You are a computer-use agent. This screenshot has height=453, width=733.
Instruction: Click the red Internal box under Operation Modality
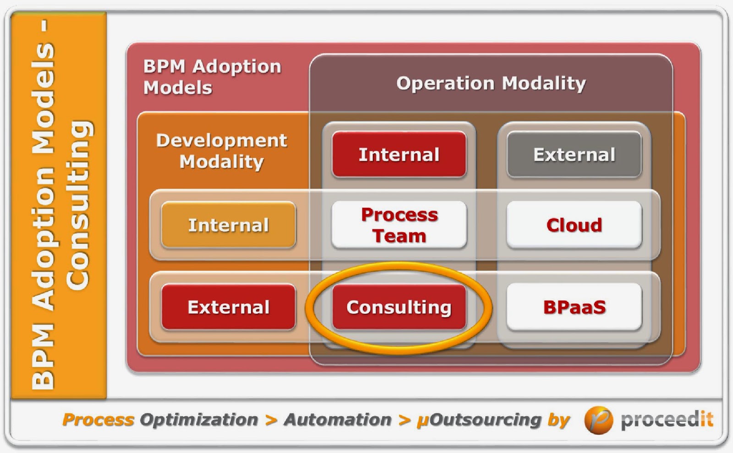pos(399,155)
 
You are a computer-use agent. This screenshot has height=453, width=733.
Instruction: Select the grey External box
pos(574,155)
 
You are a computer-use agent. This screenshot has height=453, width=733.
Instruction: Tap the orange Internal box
pos(228,225)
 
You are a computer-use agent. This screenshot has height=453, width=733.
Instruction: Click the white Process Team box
pos(399,225)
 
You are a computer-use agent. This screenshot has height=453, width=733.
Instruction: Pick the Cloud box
pos(574,225)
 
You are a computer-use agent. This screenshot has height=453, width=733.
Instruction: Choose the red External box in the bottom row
pos(228,307)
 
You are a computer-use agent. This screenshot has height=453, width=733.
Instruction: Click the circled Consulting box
pos(399,307)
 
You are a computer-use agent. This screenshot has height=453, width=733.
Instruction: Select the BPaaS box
pos(574,307)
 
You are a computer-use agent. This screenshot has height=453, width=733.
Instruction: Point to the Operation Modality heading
pos(491,83)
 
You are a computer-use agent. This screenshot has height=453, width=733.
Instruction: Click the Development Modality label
pos(222,151)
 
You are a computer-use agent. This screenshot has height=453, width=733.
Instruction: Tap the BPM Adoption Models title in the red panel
pos(212,77)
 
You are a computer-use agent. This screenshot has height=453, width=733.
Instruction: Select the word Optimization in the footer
pos(199,420)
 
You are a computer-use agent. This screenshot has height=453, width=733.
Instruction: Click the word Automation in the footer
pos(338,420)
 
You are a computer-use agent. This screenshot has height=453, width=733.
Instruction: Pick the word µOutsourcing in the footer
pos(479,420)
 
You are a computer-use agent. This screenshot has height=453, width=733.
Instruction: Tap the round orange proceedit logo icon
pos(598,420)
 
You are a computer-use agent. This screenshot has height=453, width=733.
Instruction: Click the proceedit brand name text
pos(667,420)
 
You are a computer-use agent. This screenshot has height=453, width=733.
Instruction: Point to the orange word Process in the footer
pos(98,420)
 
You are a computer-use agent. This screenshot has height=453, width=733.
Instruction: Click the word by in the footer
pos(558,420)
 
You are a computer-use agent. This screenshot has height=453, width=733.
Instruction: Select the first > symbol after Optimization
pos(271,420)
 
